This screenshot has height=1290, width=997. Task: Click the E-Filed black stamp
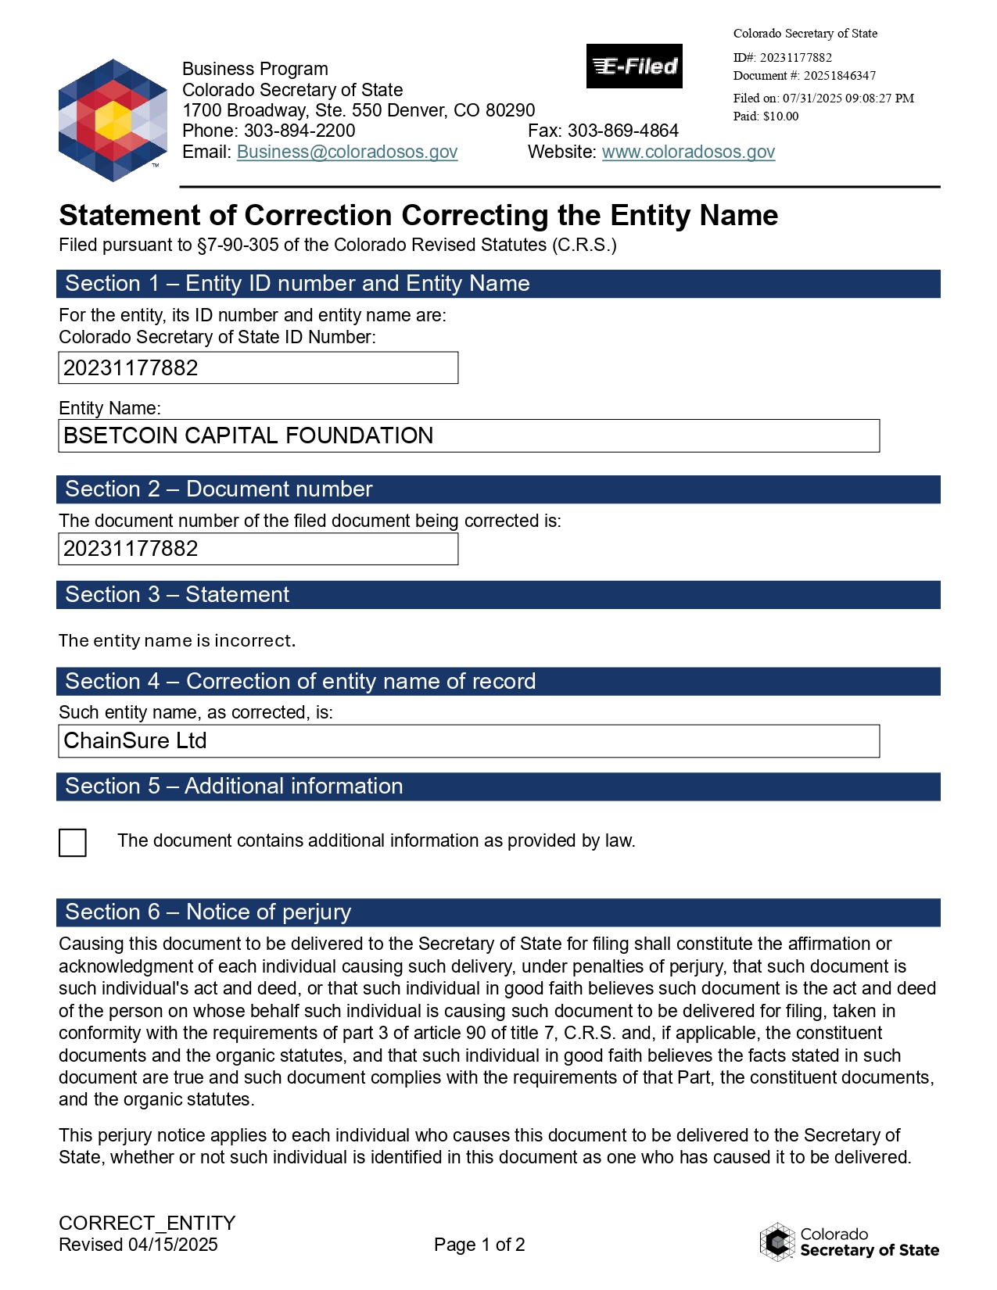point(634,66)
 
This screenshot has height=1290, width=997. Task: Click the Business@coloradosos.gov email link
point(347,152)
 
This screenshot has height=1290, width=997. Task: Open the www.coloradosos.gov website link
point(688,152)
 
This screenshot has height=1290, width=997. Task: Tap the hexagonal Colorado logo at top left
point(113,120)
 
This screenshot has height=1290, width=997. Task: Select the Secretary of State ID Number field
point(258,368)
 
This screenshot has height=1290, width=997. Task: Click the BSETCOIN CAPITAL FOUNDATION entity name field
point(468,435)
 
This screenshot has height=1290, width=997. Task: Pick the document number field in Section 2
point(258,549)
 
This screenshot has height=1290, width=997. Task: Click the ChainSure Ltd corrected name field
point(468,741)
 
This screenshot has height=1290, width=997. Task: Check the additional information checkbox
point(73,843)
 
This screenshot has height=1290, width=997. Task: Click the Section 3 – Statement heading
point(178,595)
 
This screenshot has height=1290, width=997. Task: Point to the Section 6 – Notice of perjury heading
point(208,912)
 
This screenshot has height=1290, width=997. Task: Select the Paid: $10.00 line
point(766,116)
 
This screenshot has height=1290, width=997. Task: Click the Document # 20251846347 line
point(804,76)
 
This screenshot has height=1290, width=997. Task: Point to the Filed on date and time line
point(823,99)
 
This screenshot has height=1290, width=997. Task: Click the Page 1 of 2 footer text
point(479,1245)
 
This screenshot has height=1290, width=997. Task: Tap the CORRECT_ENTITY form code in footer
point(147,1223)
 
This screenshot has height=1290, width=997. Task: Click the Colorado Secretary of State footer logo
point(849,1242)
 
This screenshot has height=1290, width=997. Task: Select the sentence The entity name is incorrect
point(177,641)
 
